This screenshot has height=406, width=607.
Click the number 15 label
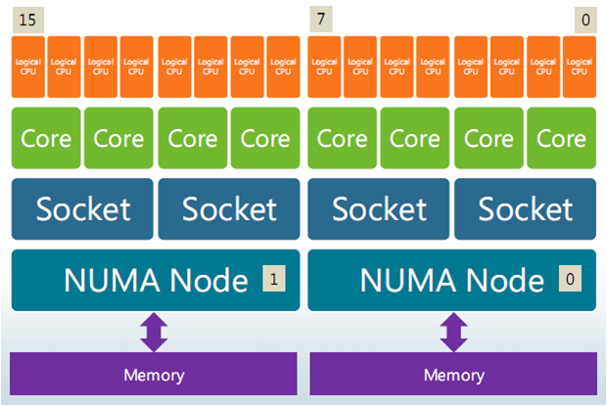coord(27,20)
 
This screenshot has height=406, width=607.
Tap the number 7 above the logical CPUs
coord(321,19)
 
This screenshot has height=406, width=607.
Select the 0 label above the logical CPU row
coord(585,20)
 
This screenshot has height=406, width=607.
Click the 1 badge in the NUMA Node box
coord(274,279)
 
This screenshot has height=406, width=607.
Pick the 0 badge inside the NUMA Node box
coord(570,279)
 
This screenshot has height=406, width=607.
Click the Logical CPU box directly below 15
coord(28,67)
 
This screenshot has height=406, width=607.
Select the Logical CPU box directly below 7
coord(324,67)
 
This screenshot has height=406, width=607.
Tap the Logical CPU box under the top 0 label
coord(580,67)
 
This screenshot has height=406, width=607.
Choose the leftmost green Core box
coord(46,138)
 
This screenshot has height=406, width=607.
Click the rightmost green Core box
coord(562,138)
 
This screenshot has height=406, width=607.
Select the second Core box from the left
coord(118,138)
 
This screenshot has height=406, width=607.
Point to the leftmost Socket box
coord(82,209)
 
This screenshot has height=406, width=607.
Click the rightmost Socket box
coord(526,209)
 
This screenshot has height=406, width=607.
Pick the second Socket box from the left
coord(229,209)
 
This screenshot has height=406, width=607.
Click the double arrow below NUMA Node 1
coord(154,333)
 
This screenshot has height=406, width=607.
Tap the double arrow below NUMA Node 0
coord(453,333)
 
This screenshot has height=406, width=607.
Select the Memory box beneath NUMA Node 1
coord(154,374)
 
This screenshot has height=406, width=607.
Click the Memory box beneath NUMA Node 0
coord(453,374)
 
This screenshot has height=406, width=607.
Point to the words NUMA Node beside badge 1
coord(156,280)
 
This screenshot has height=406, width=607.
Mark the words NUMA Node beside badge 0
coord(452,280)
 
